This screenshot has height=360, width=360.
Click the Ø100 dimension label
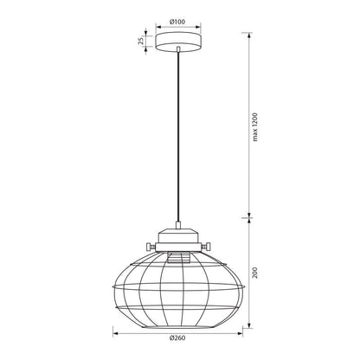[x=177, y=22]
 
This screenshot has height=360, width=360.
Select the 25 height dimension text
[x=141, y=41]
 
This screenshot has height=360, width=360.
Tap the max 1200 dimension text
[x=254, y=127]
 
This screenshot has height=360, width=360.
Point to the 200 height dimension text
[x=254, y=273]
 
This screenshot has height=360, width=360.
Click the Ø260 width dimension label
[x=177, y=338]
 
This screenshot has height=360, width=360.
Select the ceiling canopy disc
[x=178, y=42]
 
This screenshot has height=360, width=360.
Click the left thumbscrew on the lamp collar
[x=151, y=247]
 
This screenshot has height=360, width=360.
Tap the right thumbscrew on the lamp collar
[x=206, y=247]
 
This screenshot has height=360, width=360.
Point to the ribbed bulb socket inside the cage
[x=178, y=257]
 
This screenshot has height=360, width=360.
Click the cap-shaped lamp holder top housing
[x=178, y=235]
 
